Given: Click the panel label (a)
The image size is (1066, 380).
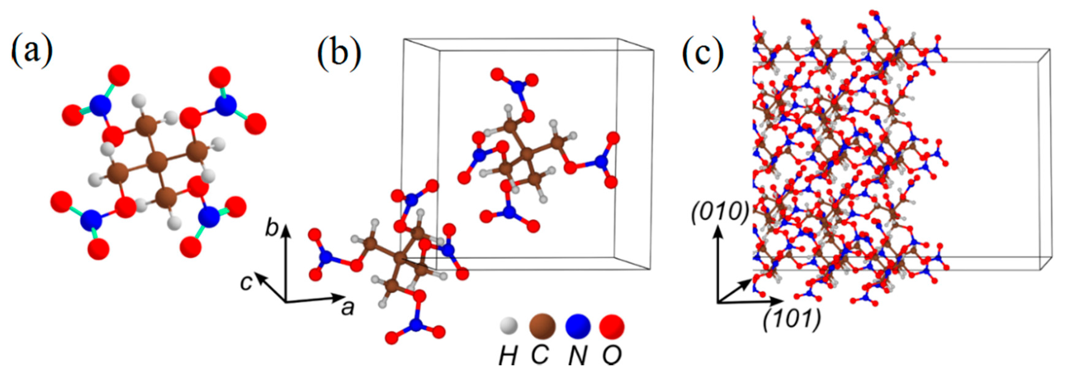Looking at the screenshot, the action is click(x=32, y=53).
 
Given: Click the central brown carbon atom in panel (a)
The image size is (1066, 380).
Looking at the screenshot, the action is click(x=158, y=162).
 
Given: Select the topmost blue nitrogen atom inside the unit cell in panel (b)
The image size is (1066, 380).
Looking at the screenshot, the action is click(x=517, y=87).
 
